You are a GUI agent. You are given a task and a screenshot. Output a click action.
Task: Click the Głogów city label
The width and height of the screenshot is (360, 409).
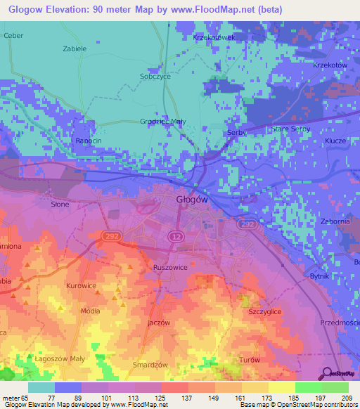191,200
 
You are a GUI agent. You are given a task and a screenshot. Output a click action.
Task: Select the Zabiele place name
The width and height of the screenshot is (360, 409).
75,49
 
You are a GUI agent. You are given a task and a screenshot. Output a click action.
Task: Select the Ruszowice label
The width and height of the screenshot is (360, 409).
169,268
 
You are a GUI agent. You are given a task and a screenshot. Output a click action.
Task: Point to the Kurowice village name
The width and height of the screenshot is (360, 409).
81,286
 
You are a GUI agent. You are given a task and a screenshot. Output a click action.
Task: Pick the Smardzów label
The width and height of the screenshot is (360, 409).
150,365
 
